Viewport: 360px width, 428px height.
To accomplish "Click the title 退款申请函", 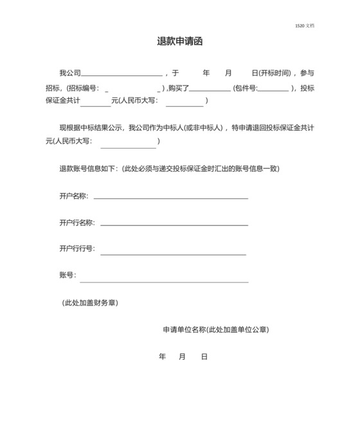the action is click(x=180, y=41).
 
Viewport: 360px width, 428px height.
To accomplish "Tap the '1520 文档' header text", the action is click(x=305, y=26).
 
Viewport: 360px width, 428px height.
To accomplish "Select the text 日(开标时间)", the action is click(x=271, y=73).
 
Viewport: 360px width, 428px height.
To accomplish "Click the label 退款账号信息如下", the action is click(x=88, y=169).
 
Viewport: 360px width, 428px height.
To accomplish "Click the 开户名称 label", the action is click(x=73, y=196).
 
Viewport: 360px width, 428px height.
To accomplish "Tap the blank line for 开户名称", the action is click(x=170, y=198).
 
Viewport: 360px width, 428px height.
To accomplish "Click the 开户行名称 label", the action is click(x=76, y=223).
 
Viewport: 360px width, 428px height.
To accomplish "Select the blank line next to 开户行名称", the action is click(x=174, y=225).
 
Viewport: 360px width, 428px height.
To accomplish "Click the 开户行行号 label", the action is click(x=76, y=248).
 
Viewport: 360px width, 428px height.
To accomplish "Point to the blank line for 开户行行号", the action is click(x=173, y=254).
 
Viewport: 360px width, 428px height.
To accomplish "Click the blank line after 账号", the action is click(x=164, y=281).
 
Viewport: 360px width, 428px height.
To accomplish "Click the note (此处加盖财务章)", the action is click(x=89, y=302).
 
